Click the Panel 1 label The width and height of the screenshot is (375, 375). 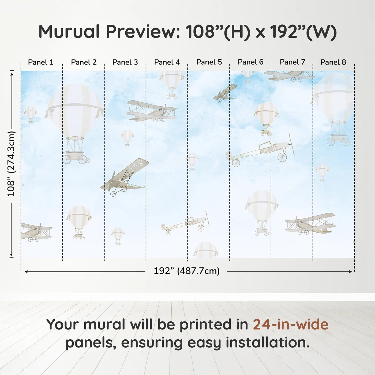click(x=41, y=62)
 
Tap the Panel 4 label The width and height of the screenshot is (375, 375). click(x=167, y=62)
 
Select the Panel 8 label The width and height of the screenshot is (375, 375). click(x=333, y=62)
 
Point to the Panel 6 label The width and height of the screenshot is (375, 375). click(x=250, y=62)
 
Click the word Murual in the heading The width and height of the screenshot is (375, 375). click(x=69, y=32)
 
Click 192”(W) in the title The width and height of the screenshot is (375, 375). click(x=303, y=32)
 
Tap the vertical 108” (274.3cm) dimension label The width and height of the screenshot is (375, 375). click(x=11, y=164)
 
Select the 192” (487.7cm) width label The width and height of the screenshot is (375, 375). click(x=186, y=271)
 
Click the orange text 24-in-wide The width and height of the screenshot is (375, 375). click(x=291, y=324)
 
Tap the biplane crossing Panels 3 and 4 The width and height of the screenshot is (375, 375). click(x=152, y=111)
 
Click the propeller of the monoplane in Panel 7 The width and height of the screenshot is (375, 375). click(x=291, y=144)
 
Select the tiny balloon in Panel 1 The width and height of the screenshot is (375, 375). click(x=31, y=114)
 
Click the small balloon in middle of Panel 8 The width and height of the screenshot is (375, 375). click(x=322, y=172)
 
